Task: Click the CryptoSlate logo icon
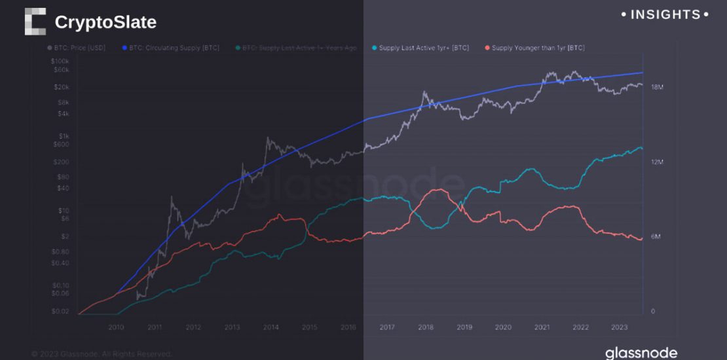pyautogui.click(x=35, y=21)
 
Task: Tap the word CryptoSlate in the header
pyautogui.click(x=105, y=22)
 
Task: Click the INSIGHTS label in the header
pyautogui.click(x=664, y=14)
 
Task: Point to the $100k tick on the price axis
pyautogui.click(x=60, y=60)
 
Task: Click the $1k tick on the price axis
pyautogui.click(x=62, y=136)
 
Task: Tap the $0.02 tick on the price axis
pyautogui.click(x=60, y=312)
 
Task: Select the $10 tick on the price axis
pyautogui.click(x=63, y=210)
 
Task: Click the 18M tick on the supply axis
pyautogui.click(x=657, y=87)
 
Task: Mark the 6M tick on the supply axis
pyautogui.click(x=656, y=237)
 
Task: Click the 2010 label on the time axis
pyautogui.click(x=116, y=327)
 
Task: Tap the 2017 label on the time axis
pyautogui.click(x=386, y=327)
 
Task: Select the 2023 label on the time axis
pyautogui.click(x=619, y=327)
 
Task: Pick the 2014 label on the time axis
pyautogui.click(x=270, y=327)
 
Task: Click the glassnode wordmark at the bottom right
pyautogui.click(x=641, y=353)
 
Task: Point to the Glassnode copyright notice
pyautogui.click(x=102, y=354)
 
